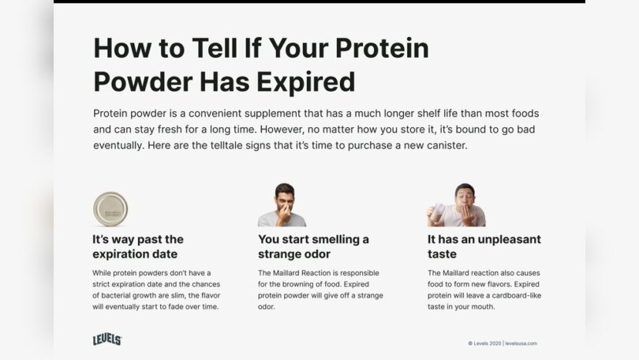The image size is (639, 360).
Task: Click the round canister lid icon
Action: [110, 209]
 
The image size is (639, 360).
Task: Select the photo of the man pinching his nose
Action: [282, 206]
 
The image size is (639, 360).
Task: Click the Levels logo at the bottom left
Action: [107, 339]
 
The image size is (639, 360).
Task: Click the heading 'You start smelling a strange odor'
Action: [313, 246]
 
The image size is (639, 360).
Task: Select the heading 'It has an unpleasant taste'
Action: [484, 246]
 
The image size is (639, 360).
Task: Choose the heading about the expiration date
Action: [138, 246]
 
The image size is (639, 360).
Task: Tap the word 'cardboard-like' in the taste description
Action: [515, 295]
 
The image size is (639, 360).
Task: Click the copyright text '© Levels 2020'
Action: [484, 343]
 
